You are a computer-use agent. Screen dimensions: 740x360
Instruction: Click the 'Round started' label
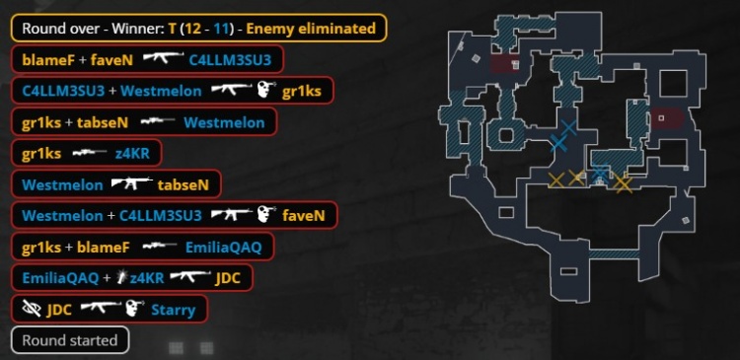tap(70, 340)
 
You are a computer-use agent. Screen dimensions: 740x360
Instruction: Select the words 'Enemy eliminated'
tap(311, 29)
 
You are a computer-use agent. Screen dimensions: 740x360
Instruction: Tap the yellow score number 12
tap(192, 29)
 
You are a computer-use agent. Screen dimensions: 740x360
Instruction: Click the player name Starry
tap(173, 310)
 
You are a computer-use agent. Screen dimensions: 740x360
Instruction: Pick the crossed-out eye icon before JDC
tap(32, 309)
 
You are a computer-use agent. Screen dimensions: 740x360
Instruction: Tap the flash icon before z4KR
tap(122, 278)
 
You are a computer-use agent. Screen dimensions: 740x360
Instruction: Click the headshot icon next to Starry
tap(134, 309)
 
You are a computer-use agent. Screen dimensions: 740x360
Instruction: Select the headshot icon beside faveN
tap(265, 215)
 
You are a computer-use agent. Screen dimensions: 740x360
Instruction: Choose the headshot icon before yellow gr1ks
tap(265, 90)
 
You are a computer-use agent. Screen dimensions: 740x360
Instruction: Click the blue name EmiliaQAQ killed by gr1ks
tap(223, 248)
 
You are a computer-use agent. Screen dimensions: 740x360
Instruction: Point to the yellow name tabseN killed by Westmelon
tap(184, 184)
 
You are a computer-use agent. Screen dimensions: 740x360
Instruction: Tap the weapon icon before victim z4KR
tap(90, 153)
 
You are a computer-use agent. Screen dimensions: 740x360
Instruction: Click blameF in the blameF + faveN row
tap(48, 59)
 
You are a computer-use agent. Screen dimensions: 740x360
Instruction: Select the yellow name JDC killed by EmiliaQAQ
tap(228, 278)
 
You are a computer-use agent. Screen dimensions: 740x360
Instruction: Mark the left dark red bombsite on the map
tap(504, 65)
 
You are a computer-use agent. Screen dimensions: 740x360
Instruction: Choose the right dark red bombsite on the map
tap(666, 118)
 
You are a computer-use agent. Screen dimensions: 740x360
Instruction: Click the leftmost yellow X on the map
tap(556, 180)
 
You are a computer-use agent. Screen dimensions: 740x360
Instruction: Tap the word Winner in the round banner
tap(139, 29)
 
